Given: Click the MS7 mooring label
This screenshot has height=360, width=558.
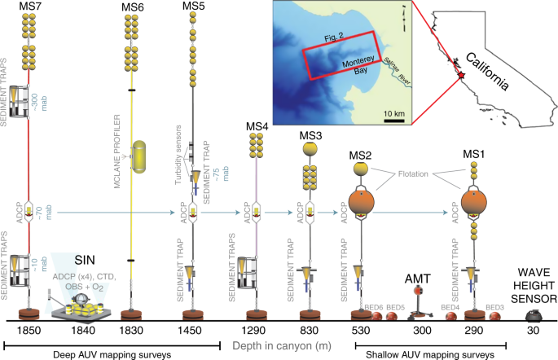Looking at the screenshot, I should [x=29, y=7].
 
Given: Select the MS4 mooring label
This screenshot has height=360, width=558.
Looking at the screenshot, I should [x=257, y=125].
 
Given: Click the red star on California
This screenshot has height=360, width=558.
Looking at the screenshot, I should [x=462, y=75].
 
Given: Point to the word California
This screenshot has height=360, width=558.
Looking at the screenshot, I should [x=499, y=71].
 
